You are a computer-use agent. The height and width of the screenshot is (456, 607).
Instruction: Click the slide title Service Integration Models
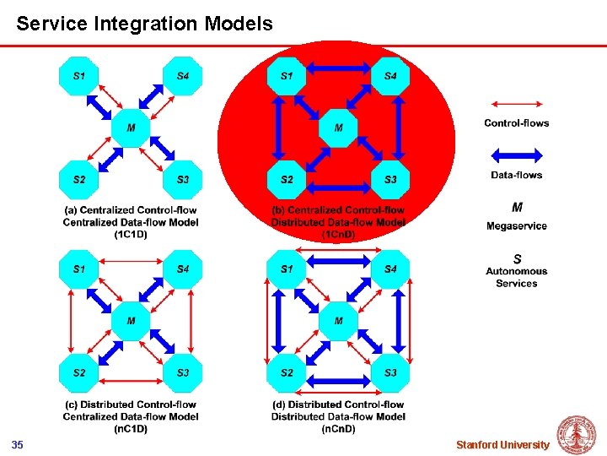tap(144, 24)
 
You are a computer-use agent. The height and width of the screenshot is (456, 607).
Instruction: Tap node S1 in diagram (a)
tap(78, 76)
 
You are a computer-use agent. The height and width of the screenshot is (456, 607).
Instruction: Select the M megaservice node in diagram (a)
tap(131, 128)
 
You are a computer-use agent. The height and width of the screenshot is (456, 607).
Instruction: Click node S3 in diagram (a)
tap(183, 180)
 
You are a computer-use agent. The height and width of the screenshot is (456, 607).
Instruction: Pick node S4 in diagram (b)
tap(391, 76)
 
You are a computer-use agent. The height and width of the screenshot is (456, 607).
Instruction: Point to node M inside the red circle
tap(339, 128)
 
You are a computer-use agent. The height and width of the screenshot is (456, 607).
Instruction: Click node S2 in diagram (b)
tap(287, 180)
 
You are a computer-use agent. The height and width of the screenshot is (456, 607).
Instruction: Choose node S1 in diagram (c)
tap(78, 269)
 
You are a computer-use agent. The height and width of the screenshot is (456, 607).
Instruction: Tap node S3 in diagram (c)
tap(183, 372)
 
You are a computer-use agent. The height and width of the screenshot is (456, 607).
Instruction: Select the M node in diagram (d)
tap(339, 321)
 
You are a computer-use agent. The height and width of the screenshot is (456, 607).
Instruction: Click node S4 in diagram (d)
tap(391, 269)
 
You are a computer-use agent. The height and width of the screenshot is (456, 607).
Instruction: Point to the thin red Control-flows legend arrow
tap(516, 103)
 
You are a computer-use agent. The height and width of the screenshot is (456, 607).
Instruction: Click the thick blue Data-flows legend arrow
tap(516, 155)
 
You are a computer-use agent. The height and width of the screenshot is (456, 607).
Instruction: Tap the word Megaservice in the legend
tap(516, 225)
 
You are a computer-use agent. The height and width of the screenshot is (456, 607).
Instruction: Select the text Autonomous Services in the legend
tap(516, 277)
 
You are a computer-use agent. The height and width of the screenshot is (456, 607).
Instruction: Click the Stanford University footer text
tap(502, 445)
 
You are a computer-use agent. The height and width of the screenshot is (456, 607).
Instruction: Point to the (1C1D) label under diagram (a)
tap(131, 235)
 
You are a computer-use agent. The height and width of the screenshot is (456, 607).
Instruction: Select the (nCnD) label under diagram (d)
tap(338, 429)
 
